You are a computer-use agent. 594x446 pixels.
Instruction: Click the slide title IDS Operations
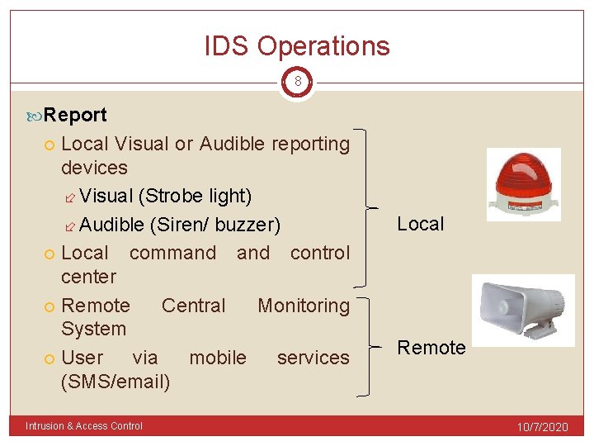(x=297, y=46)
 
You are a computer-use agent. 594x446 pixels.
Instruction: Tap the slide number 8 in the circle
(x=297, y=83)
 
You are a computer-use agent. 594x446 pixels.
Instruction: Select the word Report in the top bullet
(x=75, y=115)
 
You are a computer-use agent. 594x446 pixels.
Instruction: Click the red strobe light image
(x=523, y=185)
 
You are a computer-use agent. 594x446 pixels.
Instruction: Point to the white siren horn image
(x=523, y=307)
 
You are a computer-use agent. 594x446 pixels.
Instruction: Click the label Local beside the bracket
(x=420, y=224)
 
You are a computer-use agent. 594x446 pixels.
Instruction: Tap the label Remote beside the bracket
(x=431, y=348)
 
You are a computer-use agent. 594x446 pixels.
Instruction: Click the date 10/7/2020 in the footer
(x=542, y=427)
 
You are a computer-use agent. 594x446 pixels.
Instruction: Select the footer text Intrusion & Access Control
(x=84, y=426)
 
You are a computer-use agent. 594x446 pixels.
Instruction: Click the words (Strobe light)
(x=195, y=197)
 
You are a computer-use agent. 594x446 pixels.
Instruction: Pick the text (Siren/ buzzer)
(x=214, y=225)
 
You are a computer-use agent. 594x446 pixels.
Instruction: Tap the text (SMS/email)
(x=115, y=382)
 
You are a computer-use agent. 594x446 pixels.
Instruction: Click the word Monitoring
(x=304, y=306)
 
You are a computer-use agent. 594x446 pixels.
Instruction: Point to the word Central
(x=193, y=306)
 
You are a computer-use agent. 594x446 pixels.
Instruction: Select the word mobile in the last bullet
(x=218, y=358)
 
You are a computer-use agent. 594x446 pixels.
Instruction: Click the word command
(x=172, y=253)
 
